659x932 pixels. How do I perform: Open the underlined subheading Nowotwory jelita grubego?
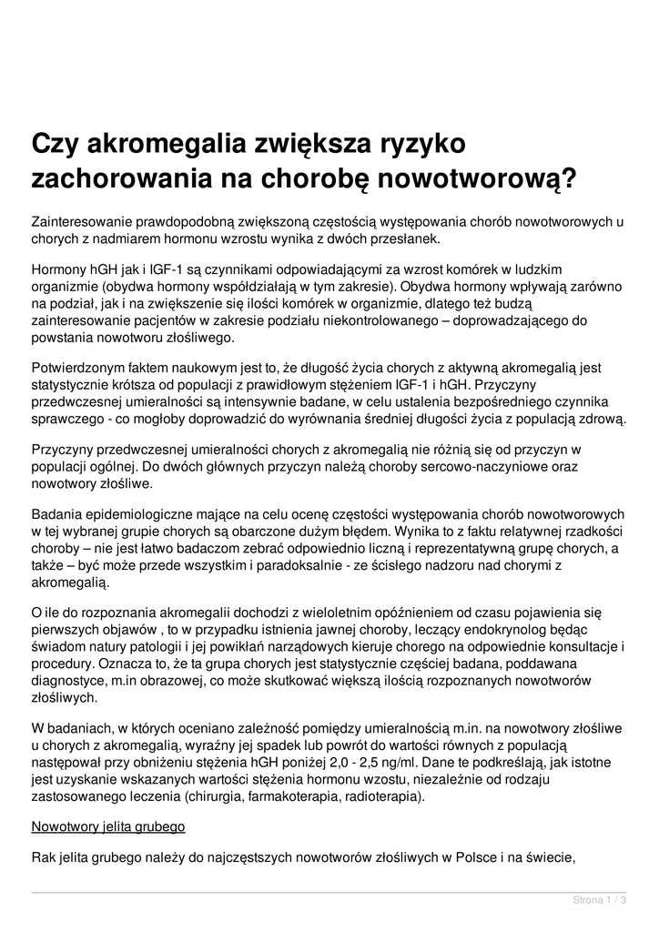coord(108,827)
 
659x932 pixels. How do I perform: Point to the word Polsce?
coord(471,856)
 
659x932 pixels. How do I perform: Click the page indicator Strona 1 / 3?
coord(599,900)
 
